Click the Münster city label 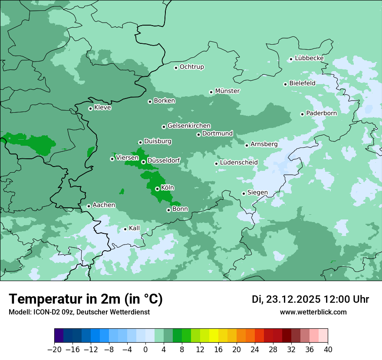click(x=227, y=91)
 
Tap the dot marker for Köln click(x=157, y=189)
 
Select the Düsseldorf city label click(x=163, y=160)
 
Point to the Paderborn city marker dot click(x=302, y=114)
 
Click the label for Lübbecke click(x=309, y=58)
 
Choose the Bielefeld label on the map click(x=302, y=83)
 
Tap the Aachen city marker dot click(x=89, y=206)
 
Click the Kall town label click(x=134, y=228)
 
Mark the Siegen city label click(x=257, y=193)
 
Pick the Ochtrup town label click(x=191, y=67)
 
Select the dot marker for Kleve click(x=90, y=108)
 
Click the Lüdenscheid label click(x=239, y=163)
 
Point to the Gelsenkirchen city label click(x=189, y=126)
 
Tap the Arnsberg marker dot click(x=247, y=145)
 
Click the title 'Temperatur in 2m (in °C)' click(x=86, y=299)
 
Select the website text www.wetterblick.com click(x=313, y=312)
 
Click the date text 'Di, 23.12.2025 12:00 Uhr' click(x=310, y=299)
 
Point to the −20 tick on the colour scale click(x=55, y=350)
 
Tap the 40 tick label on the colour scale click(x=328, y=350)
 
